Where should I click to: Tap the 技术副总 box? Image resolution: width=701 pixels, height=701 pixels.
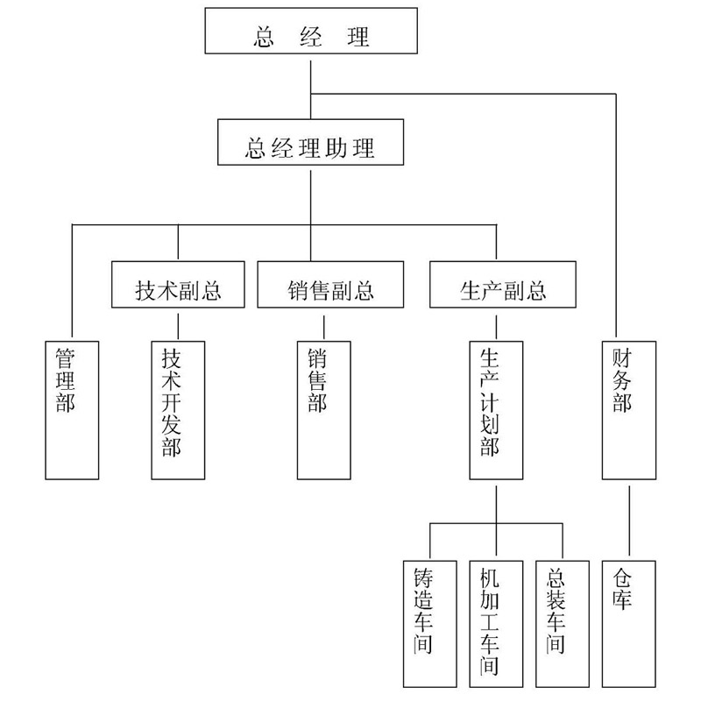pos(178,286)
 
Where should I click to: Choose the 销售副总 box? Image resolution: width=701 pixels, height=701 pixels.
pos(330,286)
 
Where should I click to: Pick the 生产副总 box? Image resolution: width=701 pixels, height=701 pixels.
pos(503,286)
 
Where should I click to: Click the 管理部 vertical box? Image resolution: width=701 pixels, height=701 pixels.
pos(72,408)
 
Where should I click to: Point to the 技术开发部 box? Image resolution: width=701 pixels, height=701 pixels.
pos(178,408)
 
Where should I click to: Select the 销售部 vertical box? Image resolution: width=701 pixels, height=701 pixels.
pos(324,408)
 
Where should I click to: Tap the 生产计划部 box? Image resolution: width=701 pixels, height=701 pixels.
pos(496,408)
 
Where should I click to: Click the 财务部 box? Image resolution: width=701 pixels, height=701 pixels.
pos(629,408)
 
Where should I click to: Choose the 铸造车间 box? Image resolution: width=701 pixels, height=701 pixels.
pos(429,623)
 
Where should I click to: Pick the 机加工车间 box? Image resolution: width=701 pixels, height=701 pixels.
pos(496,623)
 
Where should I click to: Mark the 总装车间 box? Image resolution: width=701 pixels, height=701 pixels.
pos(562,623)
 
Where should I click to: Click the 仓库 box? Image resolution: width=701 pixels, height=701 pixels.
pos(628,623)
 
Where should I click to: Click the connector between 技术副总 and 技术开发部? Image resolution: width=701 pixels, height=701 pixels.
pos(178,324)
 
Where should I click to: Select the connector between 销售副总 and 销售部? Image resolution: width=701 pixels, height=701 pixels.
pos(324,324)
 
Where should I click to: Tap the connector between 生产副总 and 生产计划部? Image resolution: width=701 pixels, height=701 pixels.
pos(496,324)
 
